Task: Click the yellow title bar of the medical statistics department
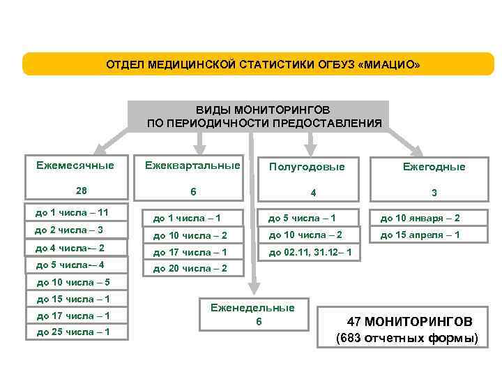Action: coord(258,64)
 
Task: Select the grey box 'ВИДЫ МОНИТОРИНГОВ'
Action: coord(264,117)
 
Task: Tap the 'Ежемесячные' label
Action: coord(75,165)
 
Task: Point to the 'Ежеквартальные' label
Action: coord(192,165)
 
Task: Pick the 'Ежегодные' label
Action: coord(434,168)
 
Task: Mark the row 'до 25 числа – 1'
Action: coord(73,332)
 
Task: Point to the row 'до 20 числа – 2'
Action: coord(190,268)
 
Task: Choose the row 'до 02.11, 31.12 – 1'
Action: coord(310,251)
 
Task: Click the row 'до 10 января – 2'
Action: coord(420,218)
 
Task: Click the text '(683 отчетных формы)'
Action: coord(407,339)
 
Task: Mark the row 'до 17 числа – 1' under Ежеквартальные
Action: coord(190,251)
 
